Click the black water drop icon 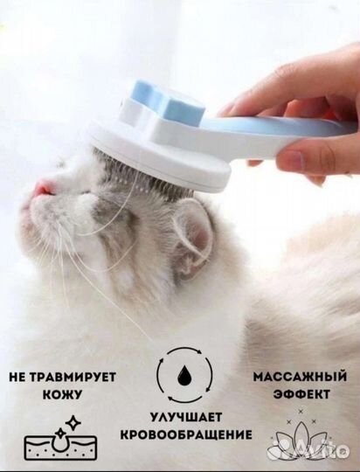pyautogui.click(x=183, y=373)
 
